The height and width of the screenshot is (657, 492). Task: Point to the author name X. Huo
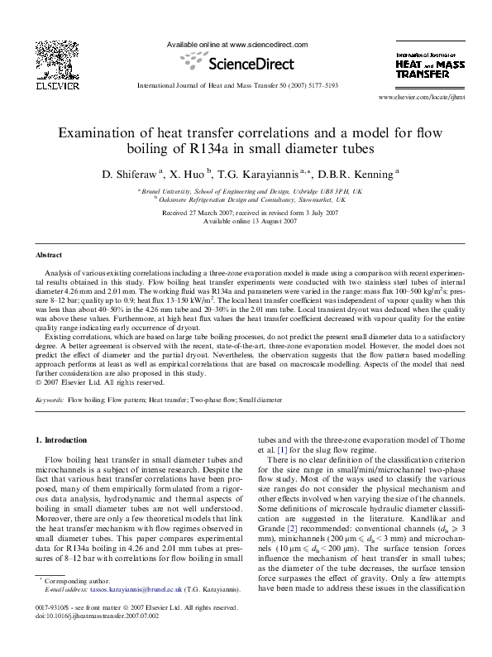[x=190, y=174]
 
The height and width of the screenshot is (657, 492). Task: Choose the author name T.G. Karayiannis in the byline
[x=265, y=174]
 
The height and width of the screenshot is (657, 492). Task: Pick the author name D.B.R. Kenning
[x=356, y=174]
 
